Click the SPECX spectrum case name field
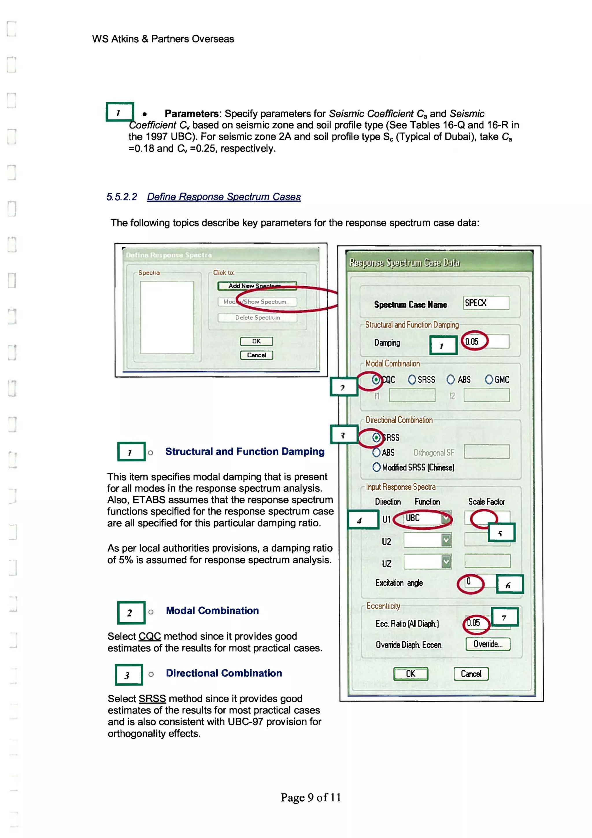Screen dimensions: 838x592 [486, 303]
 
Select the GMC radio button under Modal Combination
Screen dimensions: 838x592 [489, 380]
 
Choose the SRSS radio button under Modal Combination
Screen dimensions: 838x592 [412, 380]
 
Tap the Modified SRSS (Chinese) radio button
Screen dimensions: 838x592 [376, 467]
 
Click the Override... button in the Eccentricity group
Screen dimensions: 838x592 [488, 644]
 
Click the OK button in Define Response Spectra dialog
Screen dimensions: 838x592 [256, 341]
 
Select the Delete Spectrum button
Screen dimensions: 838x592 [257, 318]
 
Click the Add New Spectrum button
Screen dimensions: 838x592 [257, 286]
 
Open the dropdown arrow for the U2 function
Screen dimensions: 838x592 [446, 540]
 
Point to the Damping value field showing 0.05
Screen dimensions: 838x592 [486, 342]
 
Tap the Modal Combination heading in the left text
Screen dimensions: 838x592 [212, 611]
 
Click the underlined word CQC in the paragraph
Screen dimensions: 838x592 [149, 636]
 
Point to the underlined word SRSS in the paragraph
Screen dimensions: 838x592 [152, 699]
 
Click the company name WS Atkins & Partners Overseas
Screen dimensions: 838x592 [163, 39]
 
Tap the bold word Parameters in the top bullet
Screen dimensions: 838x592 [191, 114]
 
